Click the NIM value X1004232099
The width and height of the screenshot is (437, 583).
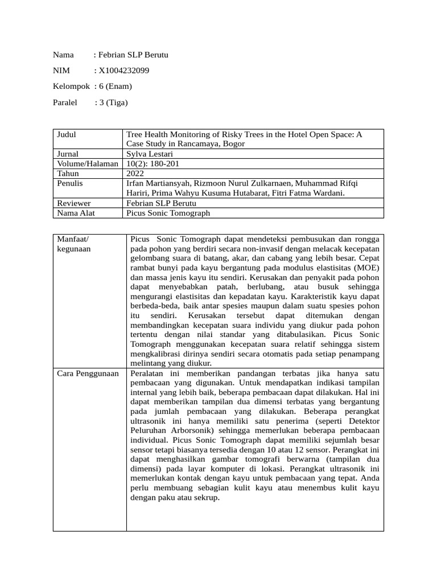click(x=125, y=71)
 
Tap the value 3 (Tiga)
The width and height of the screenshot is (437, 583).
click(x=114, y=102)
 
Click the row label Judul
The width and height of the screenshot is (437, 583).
click(x=67, y=134)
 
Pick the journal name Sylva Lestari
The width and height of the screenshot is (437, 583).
click(x=150, y=154)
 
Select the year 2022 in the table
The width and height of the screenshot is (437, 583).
click(x=136, y=173)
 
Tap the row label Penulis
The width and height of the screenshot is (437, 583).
click(x=70, y=183)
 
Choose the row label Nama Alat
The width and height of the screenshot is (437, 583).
click(x=76, y=212)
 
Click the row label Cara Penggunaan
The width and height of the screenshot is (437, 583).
click(x=88, y=373)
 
